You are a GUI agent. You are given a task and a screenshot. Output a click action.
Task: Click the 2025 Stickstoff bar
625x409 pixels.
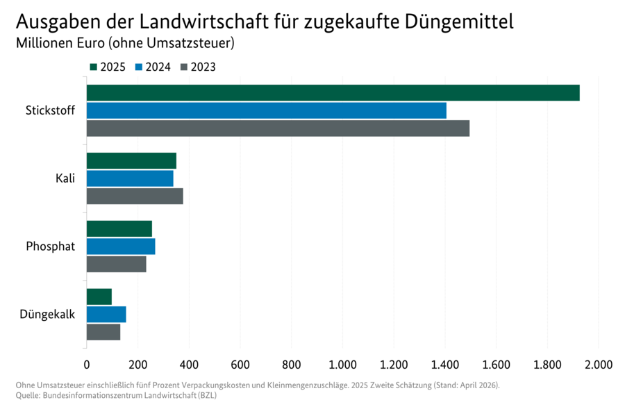click(333, 93)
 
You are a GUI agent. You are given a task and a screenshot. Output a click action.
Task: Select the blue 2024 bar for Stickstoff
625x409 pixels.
click(266, 110)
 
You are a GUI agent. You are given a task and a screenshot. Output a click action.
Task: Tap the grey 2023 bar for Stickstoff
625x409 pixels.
click(278, 128)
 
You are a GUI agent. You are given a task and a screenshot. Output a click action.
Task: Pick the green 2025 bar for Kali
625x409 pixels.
click(131, 161)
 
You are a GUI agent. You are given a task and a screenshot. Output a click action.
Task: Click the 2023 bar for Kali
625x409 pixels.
click(135, 196)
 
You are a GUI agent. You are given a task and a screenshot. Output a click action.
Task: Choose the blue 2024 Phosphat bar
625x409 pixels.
click(121, 247)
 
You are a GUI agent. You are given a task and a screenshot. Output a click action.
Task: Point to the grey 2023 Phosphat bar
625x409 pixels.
click(117, 264)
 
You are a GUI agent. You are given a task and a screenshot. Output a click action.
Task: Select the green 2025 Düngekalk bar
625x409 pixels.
click(99, 297)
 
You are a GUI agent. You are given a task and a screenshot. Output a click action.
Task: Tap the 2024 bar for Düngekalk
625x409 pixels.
click(106, 315)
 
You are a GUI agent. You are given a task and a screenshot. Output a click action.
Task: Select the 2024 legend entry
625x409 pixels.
click(152, 67)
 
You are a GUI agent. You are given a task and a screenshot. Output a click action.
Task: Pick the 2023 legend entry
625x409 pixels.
click(198, 67)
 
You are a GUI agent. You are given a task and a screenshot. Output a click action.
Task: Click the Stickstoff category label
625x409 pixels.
click(50, 110)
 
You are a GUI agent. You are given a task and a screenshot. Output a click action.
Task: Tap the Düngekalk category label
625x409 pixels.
click(47, 315)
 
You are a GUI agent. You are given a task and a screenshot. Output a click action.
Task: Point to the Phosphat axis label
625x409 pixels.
click(50, 247)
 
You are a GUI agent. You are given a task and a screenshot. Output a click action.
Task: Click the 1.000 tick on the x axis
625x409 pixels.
click(342, 363)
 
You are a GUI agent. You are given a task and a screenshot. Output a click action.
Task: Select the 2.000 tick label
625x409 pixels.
click(598, 363)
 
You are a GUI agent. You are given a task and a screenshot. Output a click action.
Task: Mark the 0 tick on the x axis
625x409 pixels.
click(87, 363)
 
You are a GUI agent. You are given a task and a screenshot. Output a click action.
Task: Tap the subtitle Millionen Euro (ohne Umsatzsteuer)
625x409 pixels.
click(125, 43)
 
